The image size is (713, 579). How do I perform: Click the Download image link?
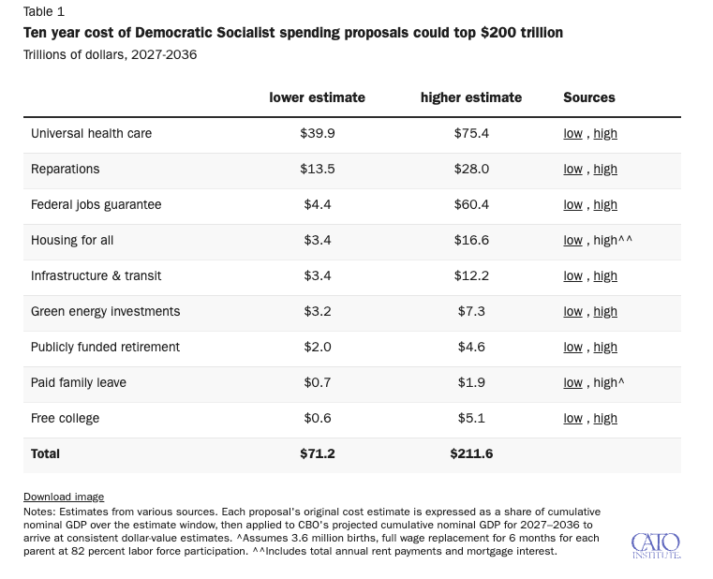(64, 497)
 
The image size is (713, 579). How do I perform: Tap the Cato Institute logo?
(656, 546)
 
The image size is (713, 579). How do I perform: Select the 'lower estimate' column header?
(317, 97)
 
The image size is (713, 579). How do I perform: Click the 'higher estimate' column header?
(471, 97)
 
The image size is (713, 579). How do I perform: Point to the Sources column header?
(589, 97)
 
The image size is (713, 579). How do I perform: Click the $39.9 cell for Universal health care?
(318, 133)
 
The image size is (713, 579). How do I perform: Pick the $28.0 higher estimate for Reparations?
(471, 169)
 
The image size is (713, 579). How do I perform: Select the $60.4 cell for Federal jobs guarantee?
(471, 204)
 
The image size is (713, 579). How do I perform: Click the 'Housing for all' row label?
(72, 240)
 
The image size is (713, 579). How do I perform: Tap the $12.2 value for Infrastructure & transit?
(471, 275)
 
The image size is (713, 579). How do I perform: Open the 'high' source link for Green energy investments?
(605, 311)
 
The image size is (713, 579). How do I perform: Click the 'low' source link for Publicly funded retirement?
(573, 347)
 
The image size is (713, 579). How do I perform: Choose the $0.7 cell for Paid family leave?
(318, 382)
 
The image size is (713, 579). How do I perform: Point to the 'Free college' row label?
(65, 418)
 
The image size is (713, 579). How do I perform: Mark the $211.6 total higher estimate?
(471, 453)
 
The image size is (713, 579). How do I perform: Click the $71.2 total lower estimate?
(318, 453)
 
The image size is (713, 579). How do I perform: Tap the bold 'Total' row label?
(45, 453)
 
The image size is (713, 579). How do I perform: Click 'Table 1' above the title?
(44, 11)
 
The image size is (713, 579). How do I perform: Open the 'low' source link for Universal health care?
(573, 133)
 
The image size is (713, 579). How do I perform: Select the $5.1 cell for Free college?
(471, 418)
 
